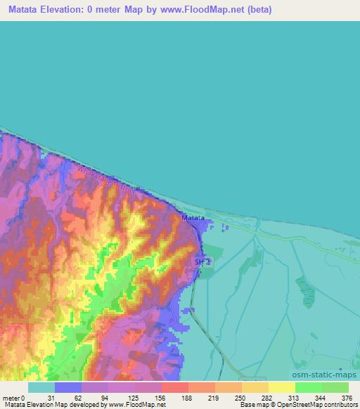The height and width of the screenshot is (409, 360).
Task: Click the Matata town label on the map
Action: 193,219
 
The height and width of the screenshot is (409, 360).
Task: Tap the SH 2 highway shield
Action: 202,261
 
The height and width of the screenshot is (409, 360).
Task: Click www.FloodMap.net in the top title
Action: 204,10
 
